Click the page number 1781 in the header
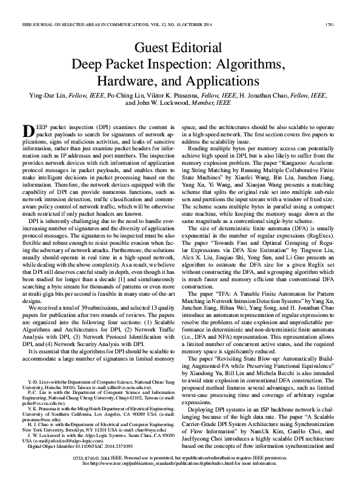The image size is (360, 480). coord(342,7)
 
